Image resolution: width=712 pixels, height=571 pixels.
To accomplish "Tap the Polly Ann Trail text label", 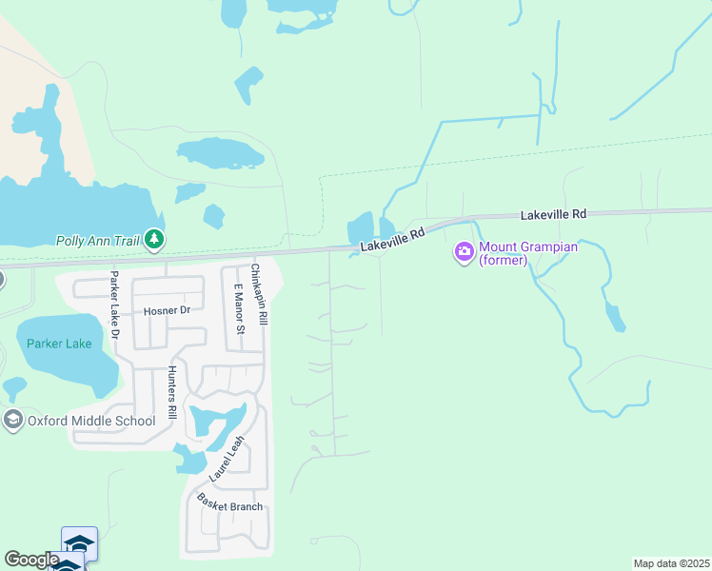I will click(99, 241).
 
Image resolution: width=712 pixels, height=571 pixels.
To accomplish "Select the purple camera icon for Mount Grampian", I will click(465, 252).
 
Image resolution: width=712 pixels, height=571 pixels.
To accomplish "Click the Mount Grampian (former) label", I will click(518, 253).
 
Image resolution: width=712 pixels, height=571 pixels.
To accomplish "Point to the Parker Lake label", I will click(59, 344).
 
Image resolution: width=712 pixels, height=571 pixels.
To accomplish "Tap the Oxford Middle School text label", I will click(91, 421).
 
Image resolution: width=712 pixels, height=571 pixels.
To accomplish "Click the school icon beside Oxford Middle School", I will click(12, 420).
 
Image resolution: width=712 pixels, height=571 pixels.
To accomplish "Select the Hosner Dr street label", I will click(168, 311).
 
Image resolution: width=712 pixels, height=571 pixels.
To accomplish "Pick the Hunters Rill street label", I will click(172, 393).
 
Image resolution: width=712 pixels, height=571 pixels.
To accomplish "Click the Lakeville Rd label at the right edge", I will click(553, 216).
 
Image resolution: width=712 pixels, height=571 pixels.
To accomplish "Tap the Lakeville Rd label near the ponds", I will click(391, 240).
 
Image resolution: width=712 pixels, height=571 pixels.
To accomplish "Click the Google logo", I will click(31, 560).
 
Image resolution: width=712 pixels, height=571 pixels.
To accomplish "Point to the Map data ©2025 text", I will click(671, 563).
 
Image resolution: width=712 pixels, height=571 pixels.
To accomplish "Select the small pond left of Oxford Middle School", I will click(14, 386).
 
